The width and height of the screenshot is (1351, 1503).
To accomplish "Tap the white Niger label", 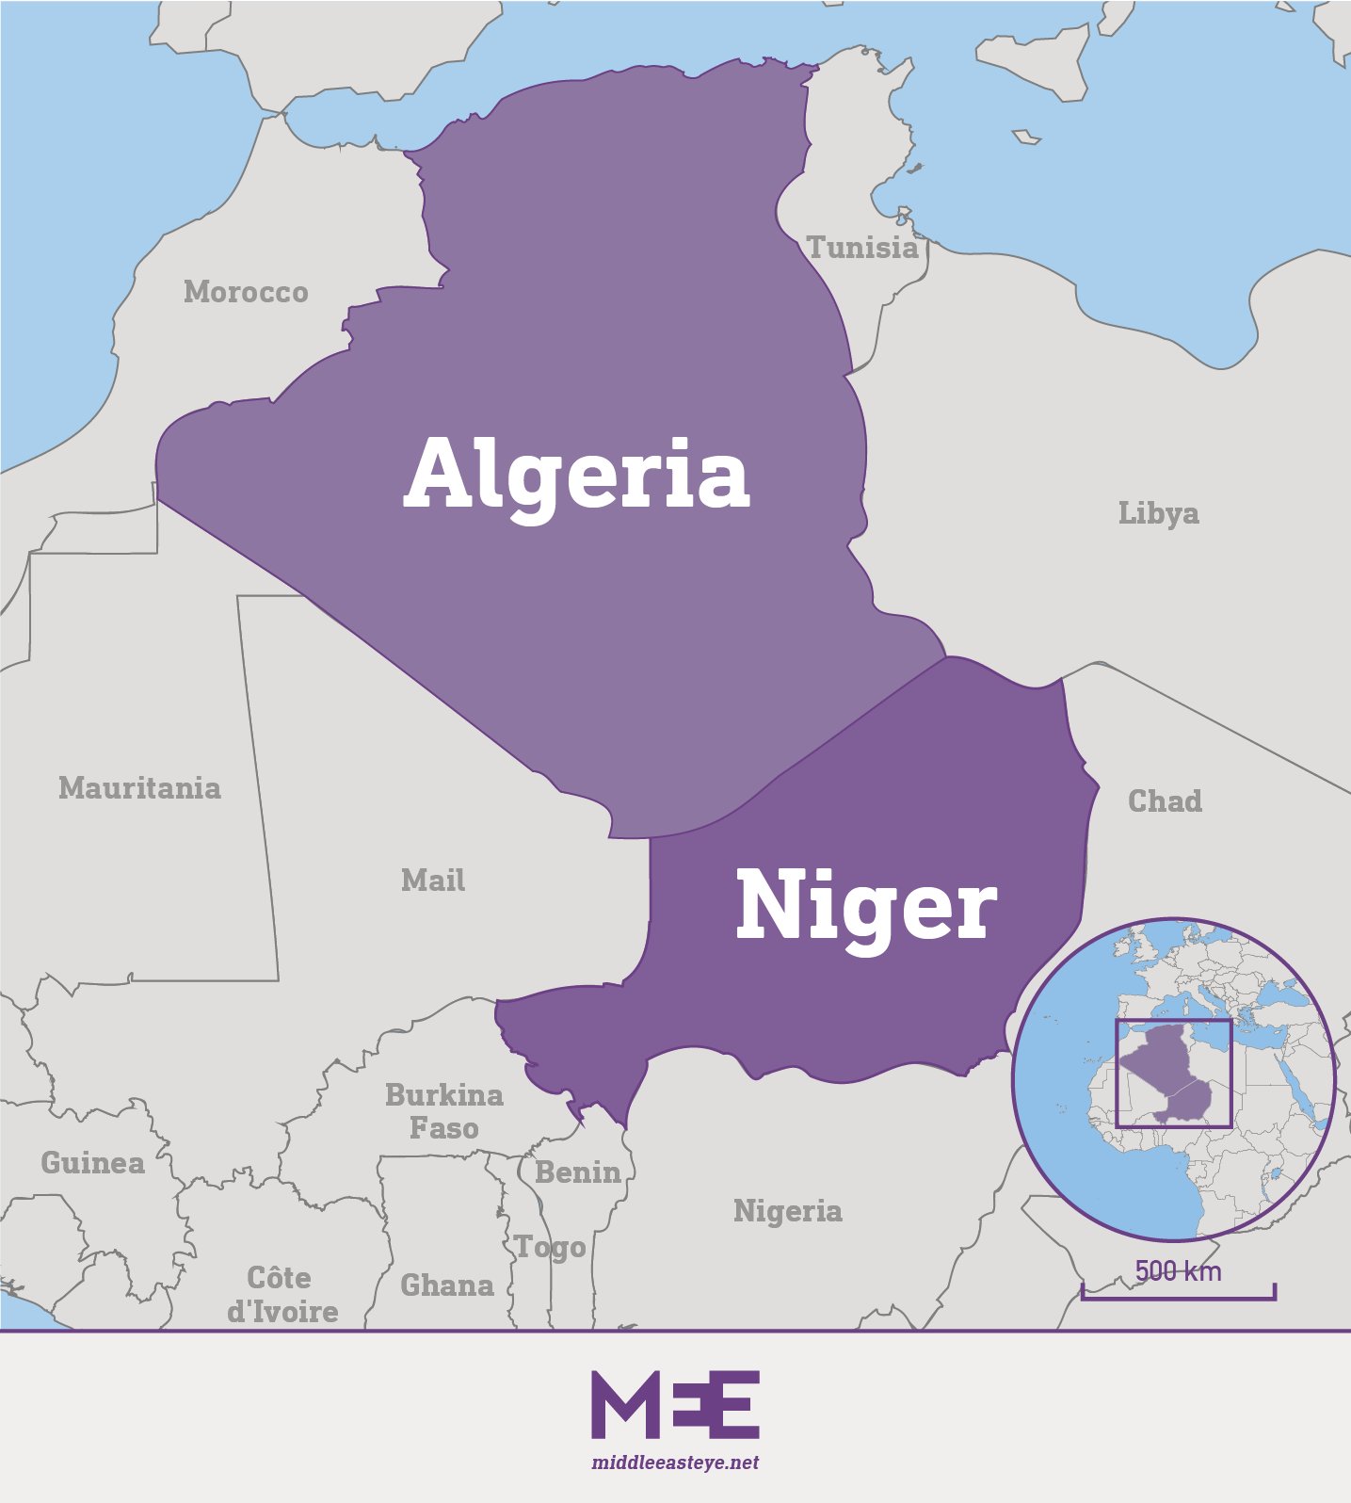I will coord(865,906).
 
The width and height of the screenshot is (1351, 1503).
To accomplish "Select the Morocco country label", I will coord(246,292).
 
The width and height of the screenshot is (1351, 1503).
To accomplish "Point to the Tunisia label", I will coord(862,248).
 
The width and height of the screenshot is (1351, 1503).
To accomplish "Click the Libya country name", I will coord(1158,513).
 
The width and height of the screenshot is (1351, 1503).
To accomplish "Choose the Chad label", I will coord(1165,801).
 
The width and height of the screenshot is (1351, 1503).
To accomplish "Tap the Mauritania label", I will coord(139,788).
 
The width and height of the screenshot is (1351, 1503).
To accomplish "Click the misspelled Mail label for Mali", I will coord(433,881).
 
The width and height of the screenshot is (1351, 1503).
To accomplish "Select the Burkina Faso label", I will coord(444,1111).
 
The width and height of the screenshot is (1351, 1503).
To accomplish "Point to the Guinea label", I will coord(92,1163).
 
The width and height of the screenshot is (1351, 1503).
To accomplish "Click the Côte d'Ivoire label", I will coord(282,1295).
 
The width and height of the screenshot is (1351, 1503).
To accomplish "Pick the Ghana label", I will coord(447,1285).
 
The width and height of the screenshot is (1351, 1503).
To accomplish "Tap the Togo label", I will coord(551,1248).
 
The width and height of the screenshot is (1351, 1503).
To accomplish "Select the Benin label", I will coord(578,1172).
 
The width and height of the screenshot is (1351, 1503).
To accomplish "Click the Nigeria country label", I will coord(787,1211).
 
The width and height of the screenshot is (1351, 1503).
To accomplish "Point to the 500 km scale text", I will coord(1178,1271).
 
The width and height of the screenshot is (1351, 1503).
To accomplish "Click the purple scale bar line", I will coord(1178,1298).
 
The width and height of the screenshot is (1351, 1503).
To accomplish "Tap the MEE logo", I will coord(675,1404).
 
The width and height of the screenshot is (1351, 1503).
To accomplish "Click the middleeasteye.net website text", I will coord(675,1463).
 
